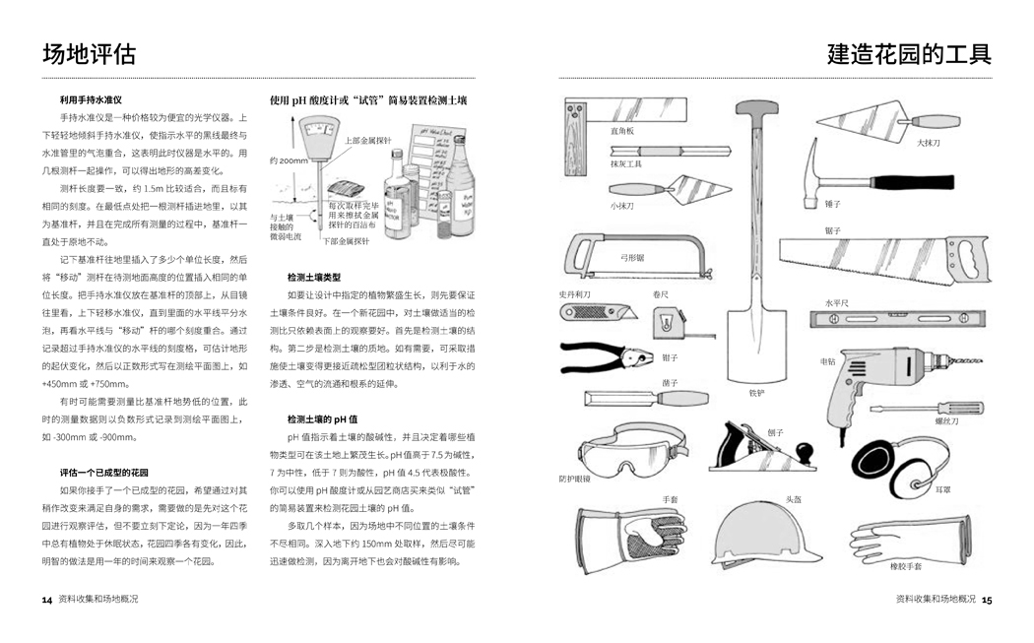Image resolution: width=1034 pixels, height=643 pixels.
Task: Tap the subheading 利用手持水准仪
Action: pyautogui.click(x=91, y=100)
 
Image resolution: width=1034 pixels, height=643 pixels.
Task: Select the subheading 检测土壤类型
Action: pyautogui.click(x=314, y=278)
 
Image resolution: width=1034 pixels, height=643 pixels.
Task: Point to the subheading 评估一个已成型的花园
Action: pyautogui.click(x=104, y=474)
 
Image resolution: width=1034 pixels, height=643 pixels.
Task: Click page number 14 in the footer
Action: pyautogui.click(x=46, y=599)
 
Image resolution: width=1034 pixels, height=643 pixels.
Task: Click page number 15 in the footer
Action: pyautogui.click(x=987, y=599)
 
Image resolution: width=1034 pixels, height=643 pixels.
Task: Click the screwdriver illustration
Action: pyautogui.click(x=927, y=408)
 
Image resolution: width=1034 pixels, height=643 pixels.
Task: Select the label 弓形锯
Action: pyautogui.click(x=632, y=258)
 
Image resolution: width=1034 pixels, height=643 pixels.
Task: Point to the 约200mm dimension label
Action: pyautogui.click(x=288, y=161)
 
